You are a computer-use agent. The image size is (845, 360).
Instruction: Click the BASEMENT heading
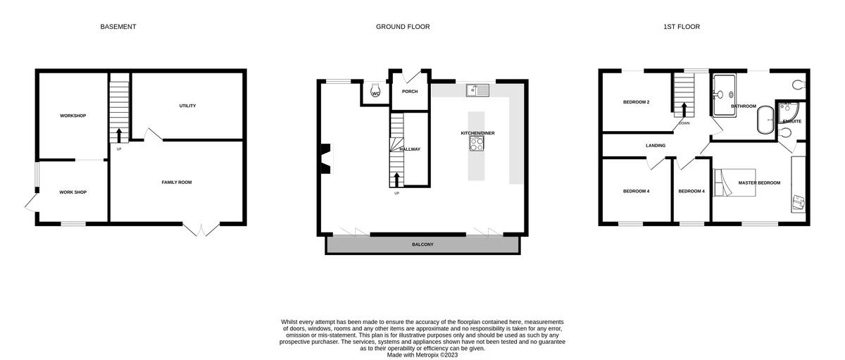point(118,27)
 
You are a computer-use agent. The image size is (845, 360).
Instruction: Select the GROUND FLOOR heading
point(403,27)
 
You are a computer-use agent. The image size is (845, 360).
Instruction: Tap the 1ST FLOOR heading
point(681,27)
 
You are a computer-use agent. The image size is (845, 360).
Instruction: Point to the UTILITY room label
point(187,106)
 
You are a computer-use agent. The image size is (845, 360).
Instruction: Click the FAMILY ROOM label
point(177,182)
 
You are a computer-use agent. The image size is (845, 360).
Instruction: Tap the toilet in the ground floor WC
point(375,92)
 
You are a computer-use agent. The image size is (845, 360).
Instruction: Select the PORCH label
point(410,92)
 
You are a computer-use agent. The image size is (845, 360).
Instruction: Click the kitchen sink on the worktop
point(477,90)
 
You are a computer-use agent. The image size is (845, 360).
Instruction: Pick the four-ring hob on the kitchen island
point(477,143)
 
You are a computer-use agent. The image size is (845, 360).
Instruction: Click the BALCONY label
point(423,244)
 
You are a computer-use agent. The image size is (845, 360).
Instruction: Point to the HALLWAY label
point(410,149)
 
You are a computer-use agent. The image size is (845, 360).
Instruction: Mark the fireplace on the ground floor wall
point(325,158)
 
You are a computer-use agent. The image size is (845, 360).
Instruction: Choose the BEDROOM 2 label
point(636,102)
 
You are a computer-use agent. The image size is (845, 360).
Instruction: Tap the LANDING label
point(656,146)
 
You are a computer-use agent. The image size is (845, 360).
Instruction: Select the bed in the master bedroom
point(734,182)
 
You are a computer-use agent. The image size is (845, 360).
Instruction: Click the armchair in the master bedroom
point(798,202)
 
